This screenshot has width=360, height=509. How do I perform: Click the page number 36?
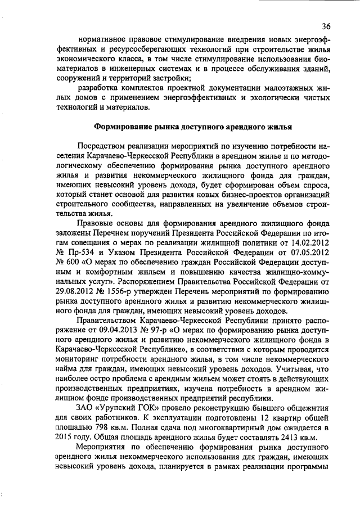pos(326,26)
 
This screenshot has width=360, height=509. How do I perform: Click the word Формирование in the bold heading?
pos(120,127)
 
